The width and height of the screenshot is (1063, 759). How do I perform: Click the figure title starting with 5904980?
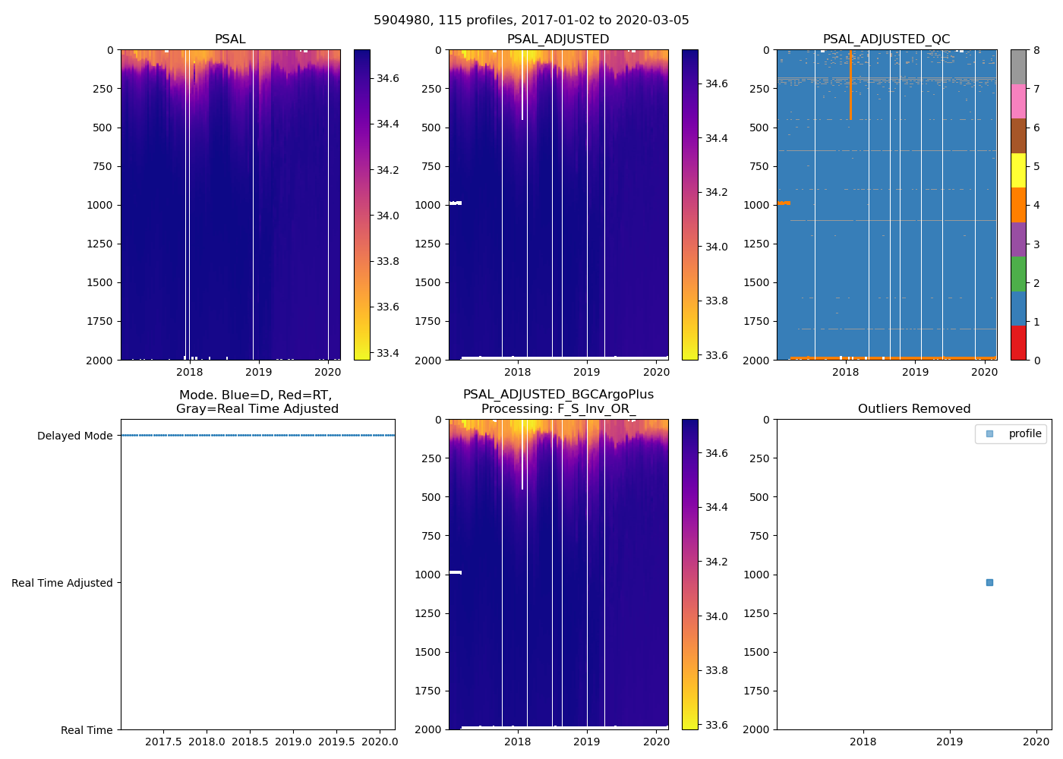coord(531,20)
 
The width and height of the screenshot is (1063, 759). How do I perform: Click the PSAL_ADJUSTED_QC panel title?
coord(886,39)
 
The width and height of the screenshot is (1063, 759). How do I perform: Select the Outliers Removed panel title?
coord(913,409)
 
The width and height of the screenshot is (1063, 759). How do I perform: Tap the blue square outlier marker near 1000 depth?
coord(989,582)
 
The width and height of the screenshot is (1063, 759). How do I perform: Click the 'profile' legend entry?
coord(1024,433)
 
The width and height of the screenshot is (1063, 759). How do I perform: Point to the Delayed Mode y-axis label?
coord(74,436)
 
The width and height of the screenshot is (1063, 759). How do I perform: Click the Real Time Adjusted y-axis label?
coord(62,583)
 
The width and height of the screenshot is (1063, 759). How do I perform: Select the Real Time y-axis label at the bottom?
coord(87,730)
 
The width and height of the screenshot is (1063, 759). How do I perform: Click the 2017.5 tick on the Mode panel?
coord(163,742)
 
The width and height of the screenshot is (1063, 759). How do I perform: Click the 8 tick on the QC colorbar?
coord(1036,51)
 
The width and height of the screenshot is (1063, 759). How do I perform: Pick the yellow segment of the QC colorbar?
coord(1018,170)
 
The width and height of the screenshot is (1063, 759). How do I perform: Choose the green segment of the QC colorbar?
coord(1018,274)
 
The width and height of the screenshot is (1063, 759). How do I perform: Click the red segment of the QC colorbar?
coord(1018,342)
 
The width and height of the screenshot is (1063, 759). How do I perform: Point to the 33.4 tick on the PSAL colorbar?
coord(388,353)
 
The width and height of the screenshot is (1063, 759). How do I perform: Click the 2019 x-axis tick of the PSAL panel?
coord(259,372)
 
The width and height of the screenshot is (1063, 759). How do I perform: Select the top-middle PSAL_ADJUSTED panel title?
coord(558,39)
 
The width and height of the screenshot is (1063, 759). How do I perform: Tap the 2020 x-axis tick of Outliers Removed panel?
coord(1036,742)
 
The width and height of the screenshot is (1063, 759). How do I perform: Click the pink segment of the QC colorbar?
coord(1018,101)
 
